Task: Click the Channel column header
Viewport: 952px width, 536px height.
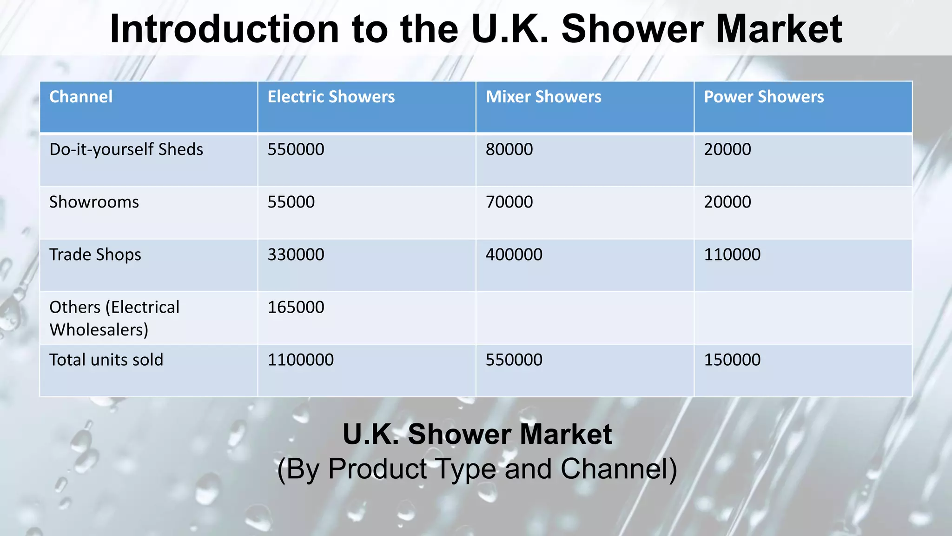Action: point(81,97)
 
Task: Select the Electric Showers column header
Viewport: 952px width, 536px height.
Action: point(331,97)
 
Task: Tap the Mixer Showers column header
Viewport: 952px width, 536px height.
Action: point(543,97)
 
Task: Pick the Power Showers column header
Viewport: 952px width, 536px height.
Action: point(764,97)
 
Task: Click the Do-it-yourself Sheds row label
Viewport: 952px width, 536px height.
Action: point(126,149)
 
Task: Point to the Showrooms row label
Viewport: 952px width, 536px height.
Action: point(94,202)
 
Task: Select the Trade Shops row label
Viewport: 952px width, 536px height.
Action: point(95,255)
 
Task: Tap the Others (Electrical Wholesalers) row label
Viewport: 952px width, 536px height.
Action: point(114,318)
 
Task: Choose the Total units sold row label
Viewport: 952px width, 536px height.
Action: point(106,360)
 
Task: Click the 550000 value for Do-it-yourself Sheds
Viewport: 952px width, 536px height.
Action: point(296,149)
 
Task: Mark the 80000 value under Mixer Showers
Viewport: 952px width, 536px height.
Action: point(509,149)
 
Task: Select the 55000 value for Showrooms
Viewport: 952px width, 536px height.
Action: point(291,202)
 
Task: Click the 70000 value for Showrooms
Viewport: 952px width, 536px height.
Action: point(509,202)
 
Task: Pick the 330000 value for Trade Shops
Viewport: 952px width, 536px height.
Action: point(296,255)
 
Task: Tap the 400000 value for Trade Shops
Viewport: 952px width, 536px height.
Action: point(514,255)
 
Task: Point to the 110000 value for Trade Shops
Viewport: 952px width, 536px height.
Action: point(732,255)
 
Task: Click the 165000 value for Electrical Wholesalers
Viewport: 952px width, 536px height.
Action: point(296,307)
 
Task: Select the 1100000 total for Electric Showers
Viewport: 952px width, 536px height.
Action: point(300,360)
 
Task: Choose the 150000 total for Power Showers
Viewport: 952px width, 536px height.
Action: point(732,360)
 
